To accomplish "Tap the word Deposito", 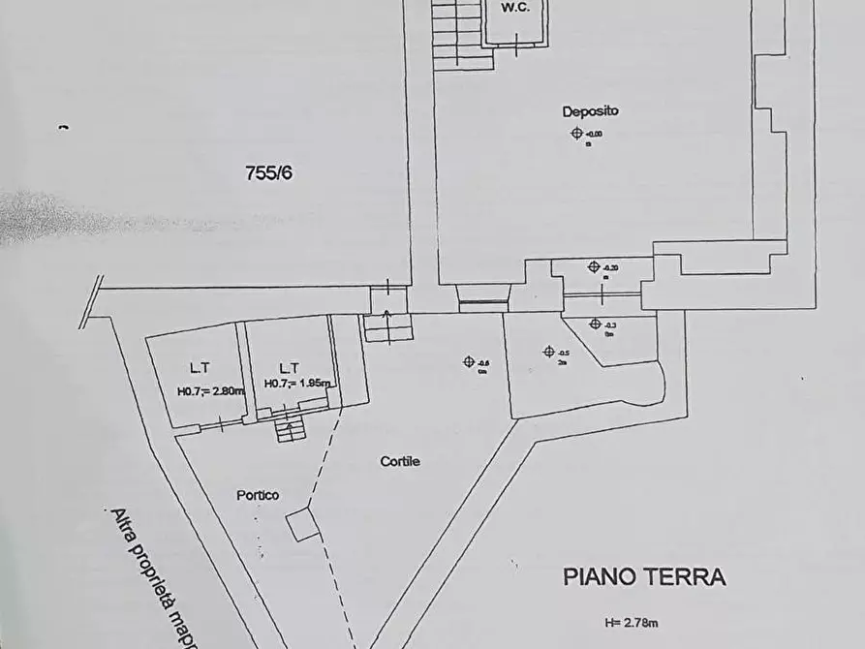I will (x=590, y=111).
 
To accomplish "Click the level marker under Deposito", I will (x=578, y=134).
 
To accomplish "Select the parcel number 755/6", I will (x=268, y=173).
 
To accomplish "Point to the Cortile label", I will (x=400, y=462).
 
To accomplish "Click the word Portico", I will (x=258, y=495).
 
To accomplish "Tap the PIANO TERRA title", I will (x=644, y=577).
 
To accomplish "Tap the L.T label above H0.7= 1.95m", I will (x=289, y=368).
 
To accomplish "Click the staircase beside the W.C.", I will (x=460, y=34).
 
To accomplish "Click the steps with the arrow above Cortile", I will (x=387, y=326).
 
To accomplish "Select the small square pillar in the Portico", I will (x=303, y=525).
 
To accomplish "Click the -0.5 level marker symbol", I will (x=549, y=352).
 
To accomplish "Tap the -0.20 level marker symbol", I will (x=594, y=267).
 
